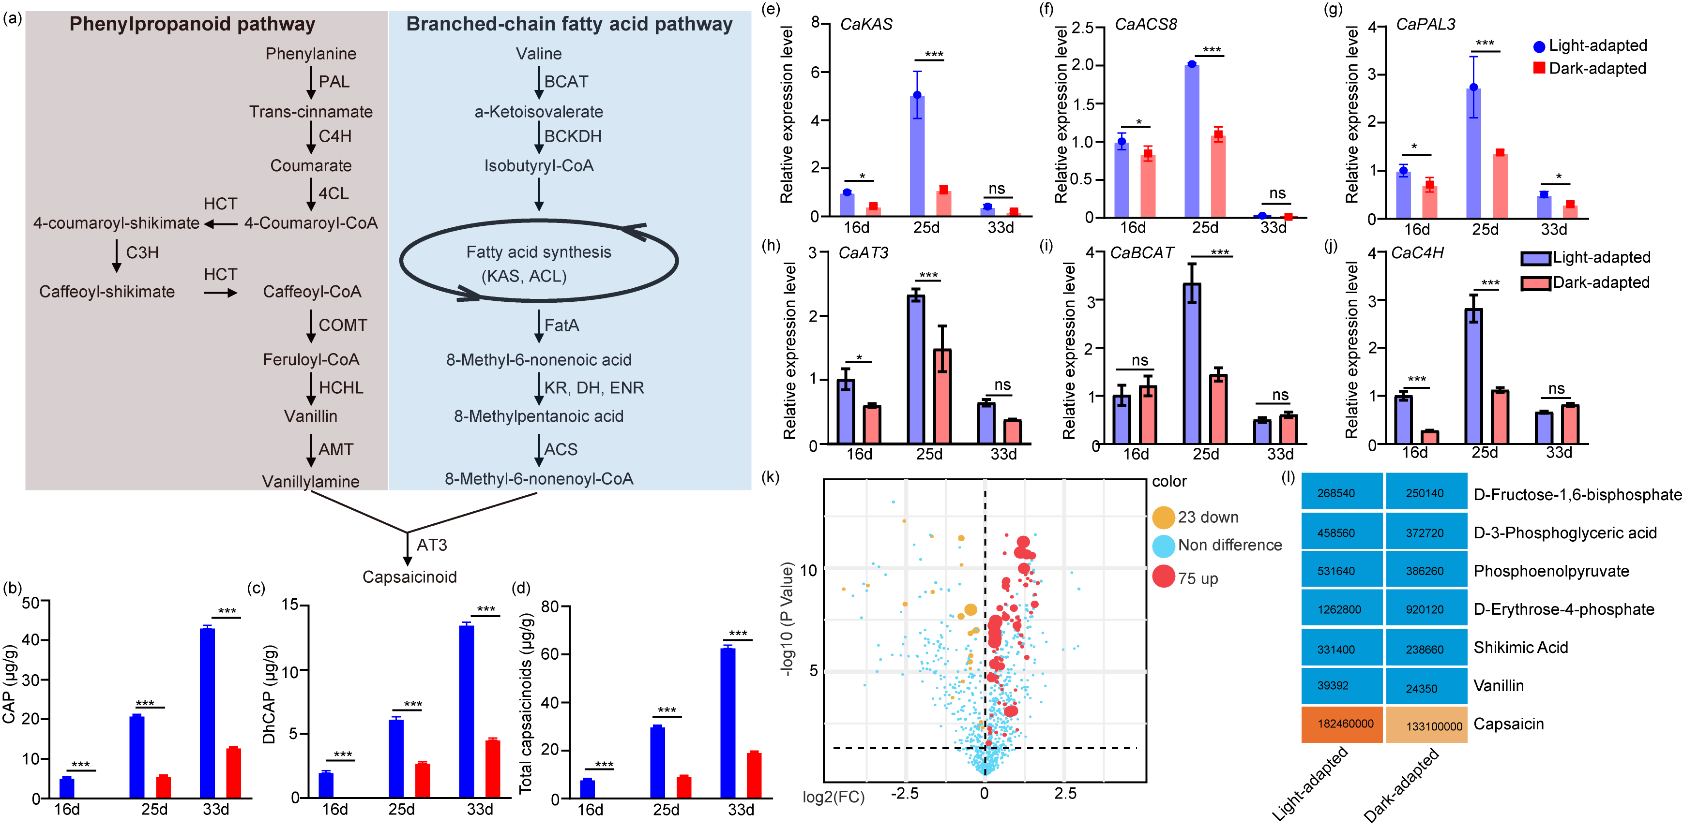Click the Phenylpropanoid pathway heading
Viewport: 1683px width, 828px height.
[192, 24]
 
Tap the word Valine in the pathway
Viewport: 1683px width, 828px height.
[538, 54]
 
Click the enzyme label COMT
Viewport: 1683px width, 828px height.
[342, 325]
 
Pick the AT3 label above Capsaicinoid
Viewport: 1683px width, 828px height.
[432, 545]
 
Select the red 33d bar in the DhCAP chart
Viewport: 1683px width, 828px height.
[493, 769]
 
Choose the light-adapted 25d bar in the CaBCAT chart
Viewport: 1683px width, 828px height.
[1192, 363]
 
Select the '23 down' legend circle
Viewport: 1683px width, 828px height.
[1163, 517]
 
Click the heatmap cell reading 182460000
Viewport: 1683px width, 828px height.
[1342, 724]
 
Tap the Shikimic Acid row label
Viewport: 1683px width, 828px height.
[1520, 648]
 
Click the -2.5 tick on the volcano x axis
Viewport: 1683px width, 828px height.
[905, 793]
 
